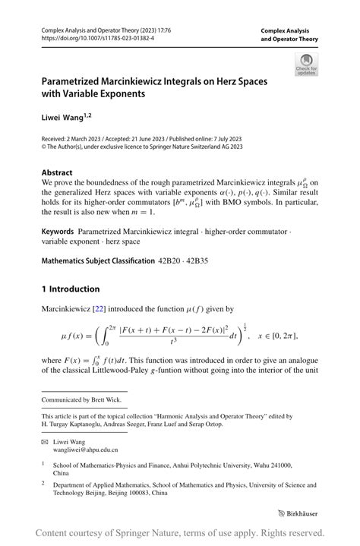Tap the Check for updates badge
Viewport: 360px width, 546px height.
pos(306,64)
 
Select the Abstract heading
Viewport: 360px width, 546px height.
pos(57,172)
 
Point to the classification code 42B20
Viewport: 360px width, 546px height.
pos(171,260)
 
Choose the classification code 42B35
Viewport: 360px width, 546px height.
pos(201,260)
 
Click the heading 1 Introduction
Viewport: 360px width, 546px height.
pos(71,289)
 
